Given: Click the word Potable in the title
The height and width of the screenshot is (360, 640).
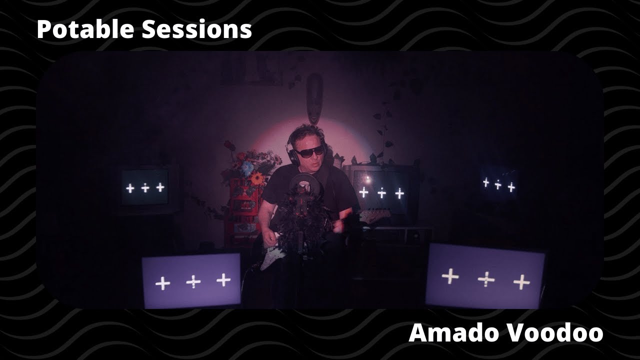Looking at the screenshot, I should tap(85, 29).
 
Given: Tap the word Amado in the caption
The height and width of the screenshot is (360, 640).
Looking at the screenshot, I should tap(452, 333).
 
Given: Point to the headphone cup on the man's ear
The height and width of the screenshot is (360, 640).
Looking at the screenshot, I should tap(291, 155).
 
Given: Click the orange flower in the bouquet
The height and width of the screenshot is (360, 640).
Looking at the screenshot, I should tap(257, 178).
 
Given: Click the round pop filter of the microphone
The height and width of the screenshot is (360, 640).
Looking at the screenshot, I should tap(301, 185).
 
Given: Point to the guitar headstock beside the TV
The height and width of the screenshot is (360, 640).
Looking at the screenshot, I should tap(376, 215).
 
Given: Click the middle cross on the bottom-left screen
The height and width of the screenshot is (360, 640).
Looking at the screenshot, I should tap(193, 282).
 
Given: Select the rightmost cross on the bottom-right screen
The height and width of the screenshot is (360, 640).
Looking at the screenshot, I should tap(521, 282).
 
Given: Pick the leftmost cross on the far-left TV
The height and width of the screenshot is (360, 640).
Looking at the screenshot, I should tap(130, 188).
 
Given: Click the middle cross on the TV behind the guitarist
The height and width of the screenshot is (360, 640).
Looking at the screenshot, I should tap(381, 193).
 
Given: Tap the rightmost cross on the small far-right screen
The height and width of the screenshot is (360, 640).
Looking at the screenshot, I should tap(511, 188).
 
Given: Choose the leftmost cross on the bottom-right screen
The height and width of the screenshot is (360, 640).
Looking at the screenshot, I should tap(450, 276).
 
